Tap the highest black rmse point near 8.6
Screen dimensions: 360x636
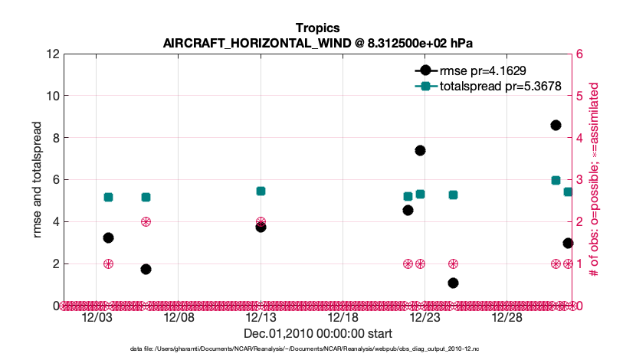pyautogui.click(x=556, y=125)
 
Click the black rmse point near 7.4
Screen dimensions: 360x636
pyautogui.click(x=420, y=150)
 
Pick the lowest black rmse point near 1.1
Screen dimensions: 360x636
pyautogui.click(x=453, y=283)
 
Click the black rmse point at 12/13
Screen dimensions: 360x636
pyautogui.click(x=261, y=227)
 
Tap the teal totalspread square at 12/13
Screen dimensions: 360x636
pyautogui.click(x=261, y=191)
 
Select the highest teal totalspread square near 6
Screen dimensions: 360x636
pyautogui.click(x=556, y=180)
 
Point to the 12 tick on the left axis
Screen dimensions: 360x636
pyautogui.click(x=53, y=54)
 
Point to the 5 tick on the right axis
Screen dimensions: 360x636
pyautogui.click(x=580, y=97)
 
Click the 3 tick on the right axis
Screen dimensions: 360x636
pyautogui.click(x=580, y=180)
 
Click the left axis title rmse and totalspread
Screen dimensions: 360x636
pyautogui.click(x=38, y=180)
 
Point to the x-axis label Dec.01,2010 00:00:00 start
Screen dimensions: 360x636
pyautogui.click(x=317, y=334)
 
